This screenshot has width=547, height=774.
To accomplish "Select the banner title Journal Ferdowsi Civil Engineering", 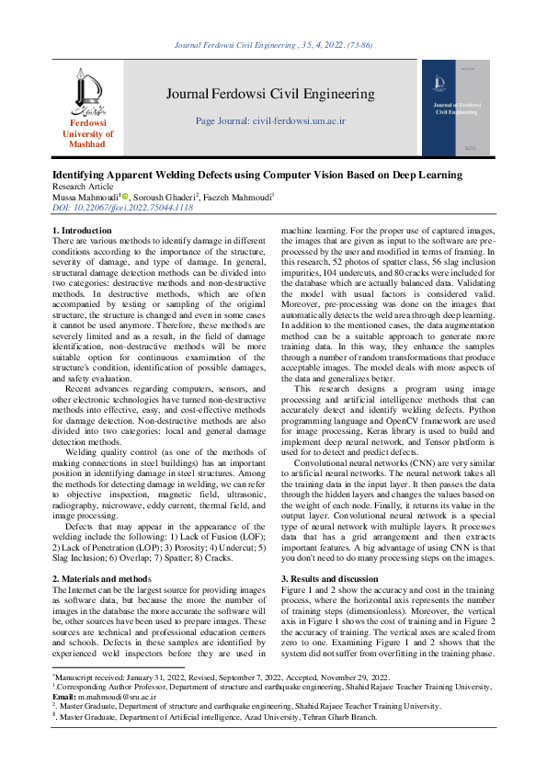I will tap(270, 94).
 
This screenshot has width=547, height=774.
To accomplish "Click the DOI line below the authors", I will tap(122, 208).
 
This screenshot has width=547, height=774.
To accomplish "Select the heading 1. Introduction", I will tap(82, 230).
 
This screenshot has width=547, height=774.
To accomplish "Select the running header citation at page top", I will tap(272, 43).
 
